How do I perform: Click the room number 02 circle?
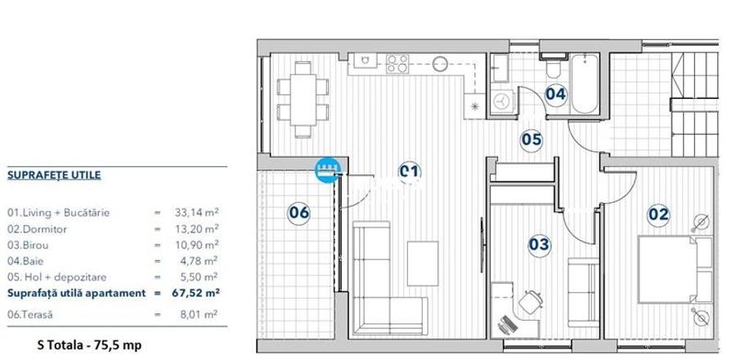658,214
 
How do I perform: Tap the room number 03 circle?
539,244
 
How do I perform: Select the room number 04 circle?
555,93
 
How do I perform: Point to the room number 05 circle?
532,139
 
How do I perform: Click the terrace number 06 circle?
299,213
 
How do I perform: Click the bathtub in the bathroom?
584,85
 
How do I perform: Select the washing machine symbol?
501,101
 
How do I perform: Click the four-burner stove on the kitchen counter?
397,62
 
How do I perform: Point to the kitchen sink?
362,62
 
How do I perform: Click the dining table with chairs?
299,97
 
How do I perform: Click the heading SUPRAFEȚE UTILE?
54,175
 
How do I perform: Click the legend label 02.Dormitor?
38,229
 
